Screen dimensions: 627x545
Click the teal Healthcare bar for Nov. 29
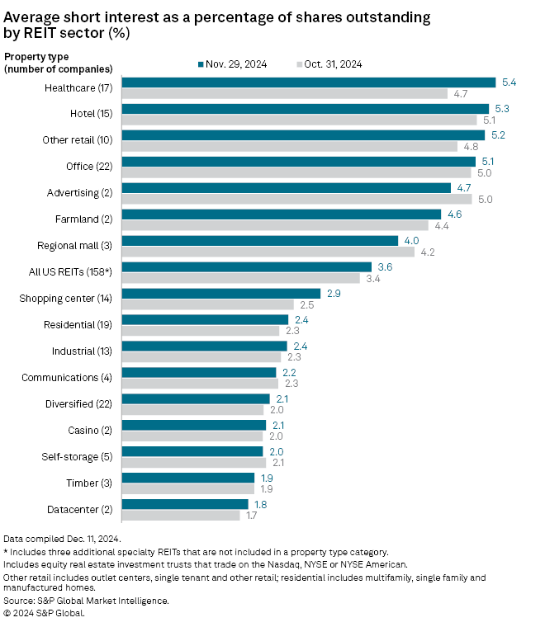coord(308,82)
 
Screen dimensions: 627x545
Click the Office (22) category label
coord(91,167)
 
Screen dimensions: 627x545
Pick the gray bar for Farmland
coord(275,225)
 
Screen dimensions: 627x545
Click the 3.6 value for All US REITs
coord(384,266)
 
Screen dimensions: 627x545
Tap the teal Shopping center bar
coord(220,293)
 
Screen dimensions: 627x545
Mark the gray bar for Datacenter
coord(181,515)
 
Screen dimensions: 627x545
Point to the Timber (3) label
coord(93,483)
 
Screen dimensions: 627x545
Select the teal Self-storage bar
coord(192,451)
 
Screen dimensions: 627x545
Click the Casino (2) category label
coord(92,430)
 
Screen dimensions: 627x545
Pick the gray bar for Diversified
coord(192,409)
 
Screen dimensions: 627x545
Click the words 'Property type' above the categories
coord(35,56)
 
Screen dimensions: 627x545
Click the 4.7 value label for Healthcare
coord(461,94)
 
